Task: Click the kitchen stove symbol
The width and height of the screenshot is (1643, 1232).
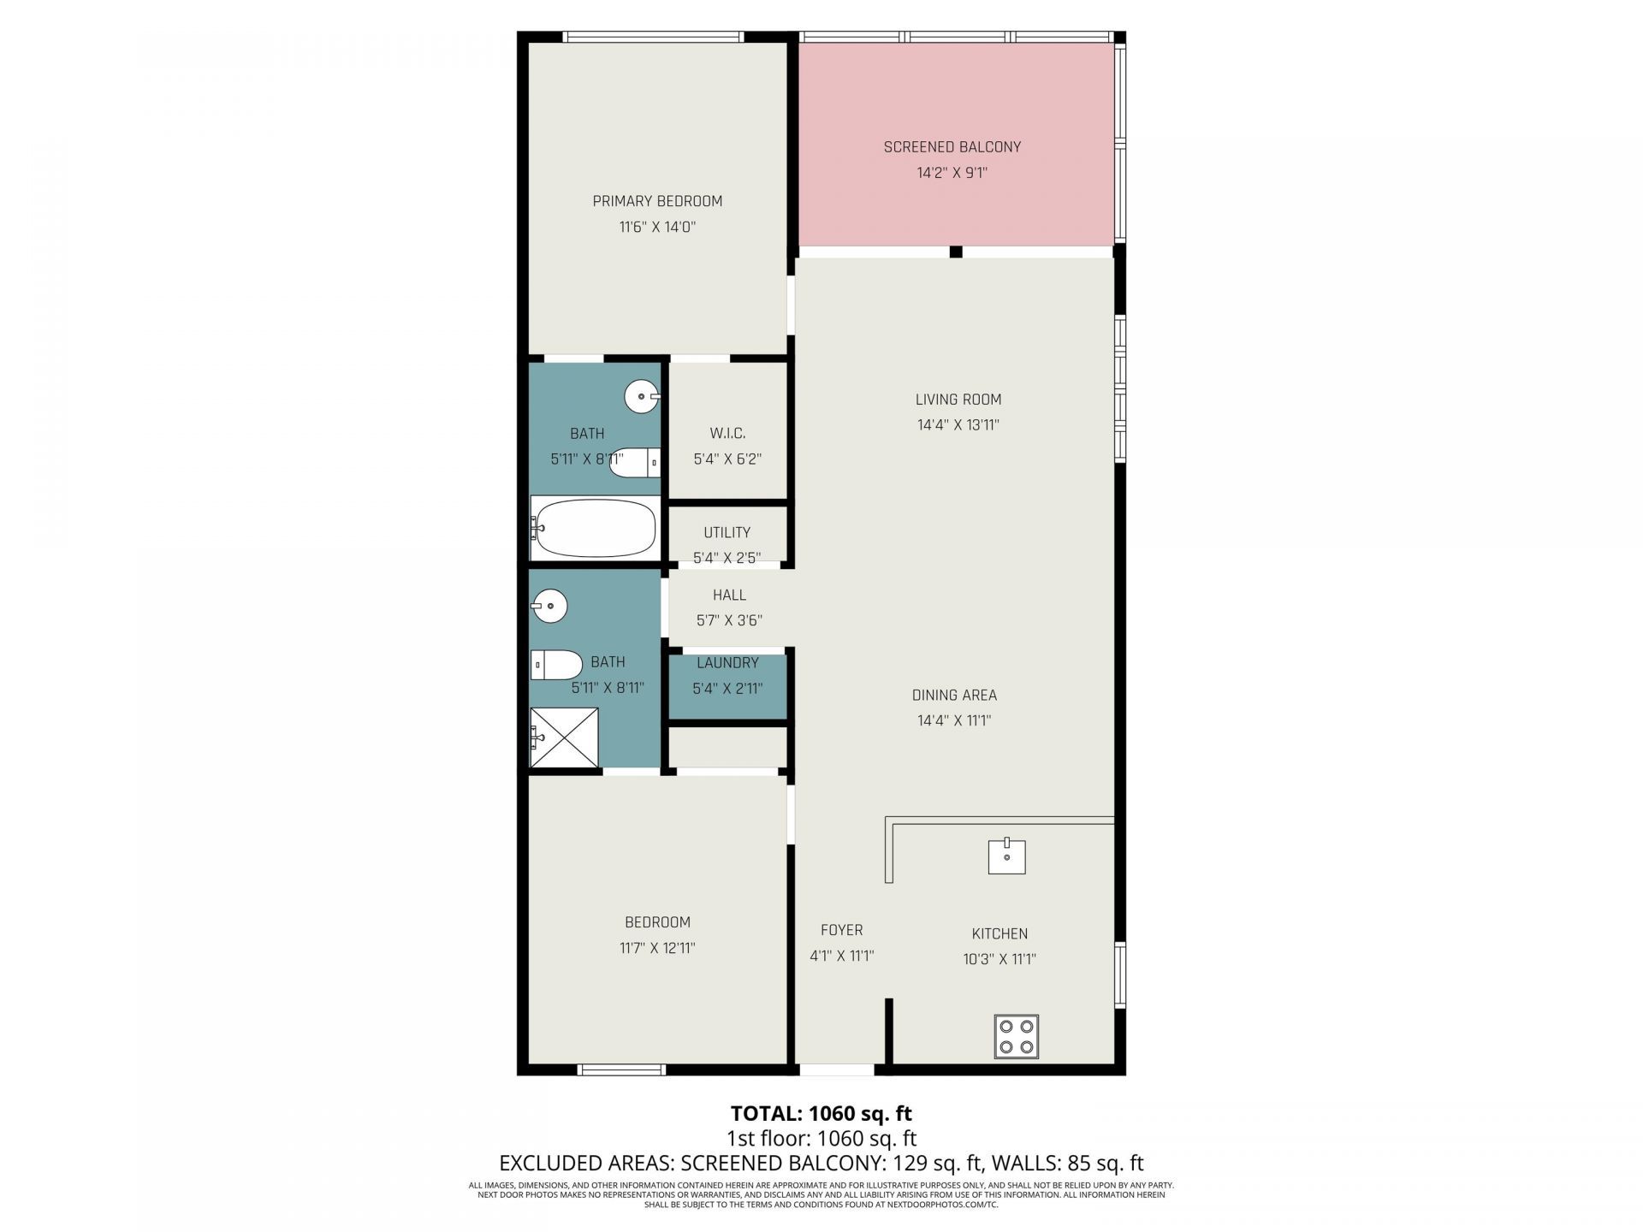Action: click(1017, 1036)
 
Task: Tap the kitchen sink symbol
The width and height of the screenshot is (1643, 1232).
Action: click(1007, 856)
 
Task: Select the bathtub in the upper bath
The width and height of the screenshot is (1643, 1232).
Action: click(596, 528)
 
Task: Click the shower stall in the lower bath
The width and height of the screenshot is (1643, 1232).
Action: click(564, 737)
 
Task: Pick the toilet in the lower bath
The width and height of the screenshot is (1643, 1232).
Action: click(556, 664)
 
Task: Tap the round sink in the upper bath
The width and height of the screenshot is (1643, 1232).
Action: click(643, 396)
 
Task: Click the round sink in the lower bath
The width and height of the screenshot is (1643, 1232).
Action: click(549, 607)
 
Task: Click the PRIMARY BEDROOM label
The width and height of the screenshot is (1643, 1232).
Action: click(657, 201)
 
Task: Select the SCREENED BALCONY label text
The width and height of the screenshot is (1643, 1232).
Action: click(952, 147)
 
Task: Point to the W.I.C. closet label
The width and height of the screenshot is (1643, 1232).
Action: click(727, 434)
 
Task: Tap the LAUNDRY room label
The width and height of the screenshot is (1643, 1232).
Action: click(727, 663)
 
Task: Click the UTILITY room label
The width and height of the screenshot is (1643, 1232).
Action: click(727, 532)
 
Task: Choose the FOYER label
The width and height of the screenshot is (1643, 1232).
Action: click(842, 930)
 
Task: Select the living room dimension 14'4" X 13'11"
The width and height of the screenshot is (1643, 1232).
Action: click(958, 425)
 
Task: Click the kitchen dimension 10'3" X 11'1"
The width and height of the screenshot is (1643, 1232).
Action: click(999, 959)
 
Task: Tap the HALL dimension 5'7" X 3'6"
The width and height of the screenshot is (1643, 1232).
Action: click(729, 620)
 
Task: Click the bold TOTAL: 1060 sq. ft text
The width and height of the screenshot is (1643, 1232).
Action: click(821, 1113)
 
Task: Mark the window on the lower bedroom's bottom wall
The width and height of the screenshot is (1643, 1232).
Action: click(621, 1069)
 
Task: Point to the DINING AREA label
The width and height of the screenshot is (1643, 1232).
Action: click(954, 696)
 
